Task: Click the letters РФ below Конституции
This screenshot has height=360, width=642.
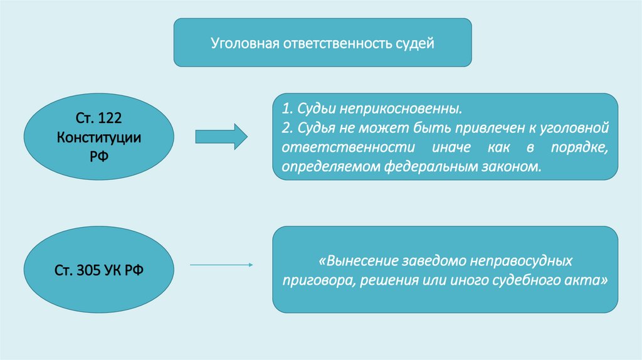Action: [x=98, y=155]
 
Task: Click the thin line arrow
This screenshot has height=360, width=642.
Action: [x=221, y=265]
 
